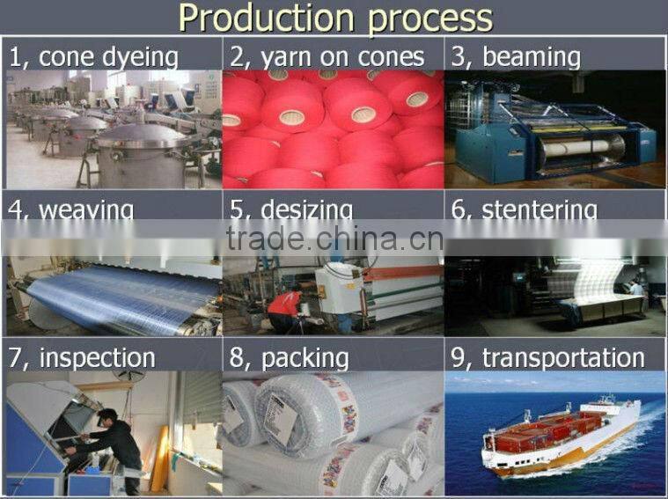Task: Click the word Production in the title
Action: point(256,18)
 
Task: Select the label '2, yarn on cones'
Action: point(327,58)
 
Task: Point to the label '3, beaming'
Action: point(516,58)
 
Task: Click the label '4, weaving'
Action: point(71,209)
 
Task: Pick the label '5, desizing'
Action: point(291,209)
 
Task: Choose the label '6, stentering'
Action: point(524,209)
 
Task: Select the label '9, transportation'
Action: point(547,358)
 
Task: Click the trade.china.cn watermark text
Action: point(334,238)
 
